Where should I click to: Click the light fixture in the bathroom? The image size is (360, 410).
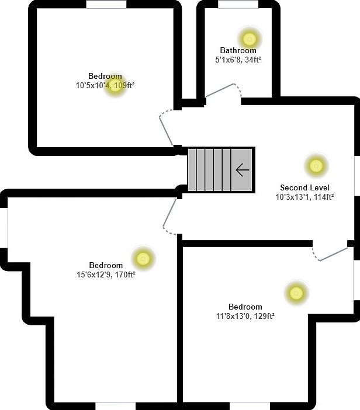tap(250, 39)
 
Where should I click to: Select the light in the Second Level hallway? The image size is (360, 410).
tap(316, 166)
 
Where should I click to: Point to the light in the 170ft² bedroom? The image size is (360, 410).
tap(143, 258)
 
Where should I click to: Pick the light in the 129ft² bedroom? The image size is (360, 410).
tap(296, 292)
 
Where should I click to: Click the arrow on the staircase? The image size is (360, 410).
tap(242, 170)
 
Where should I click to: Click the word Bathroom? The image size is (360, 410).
tap(238, 51)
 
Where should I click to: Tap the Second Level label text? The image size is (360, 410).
tap(304, 188)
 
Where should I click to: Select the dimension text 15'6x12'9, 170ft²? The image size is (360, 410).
tap(106, 275)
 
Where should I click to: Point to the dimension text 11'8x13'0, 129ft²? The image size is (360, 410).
tap(245, 316)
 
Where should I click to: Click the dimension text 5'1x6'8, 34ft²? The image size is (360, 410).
tap(238, 59)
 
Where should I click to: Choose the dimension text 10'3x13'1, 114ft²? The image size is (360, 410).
tap(304, 197)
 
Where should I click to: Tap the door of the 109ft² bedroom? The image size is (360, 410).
tap(166, 128)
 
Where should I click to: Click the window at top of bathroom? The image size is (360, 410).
tap(238, 4)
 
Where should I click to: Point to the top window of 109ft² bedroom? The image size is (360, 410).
tap(106, 4)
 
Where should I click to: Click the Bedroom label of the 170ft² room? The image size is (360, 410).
tap(106, 265)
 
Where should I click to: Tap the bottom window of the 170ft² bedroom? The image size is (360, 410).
tap(115, 405)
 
